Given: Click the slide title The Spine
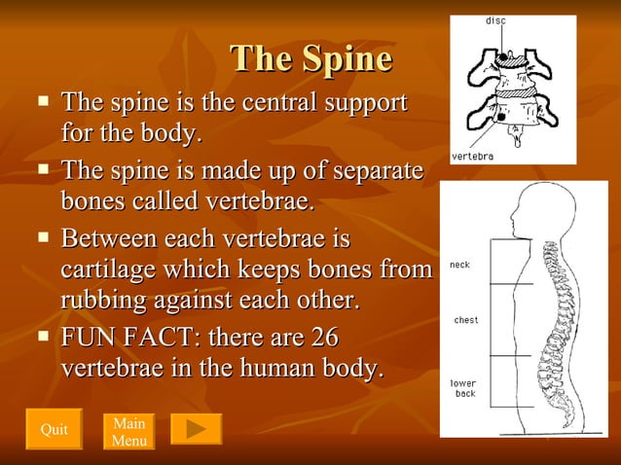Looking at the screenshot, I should coord(311,59).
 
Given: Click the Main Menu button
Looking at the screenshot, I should coord(129,432).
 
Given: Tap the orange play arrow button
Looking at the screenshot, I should coord(196,429).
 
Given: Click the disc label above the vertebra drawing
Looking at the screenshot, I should coord(495,20).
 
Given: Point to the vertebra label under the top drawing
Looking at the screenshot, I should coord(472,156).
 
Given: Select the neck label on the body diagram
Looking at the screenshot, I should coord(459,265).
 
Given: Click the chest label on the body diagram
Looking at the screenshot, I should coord(466,320).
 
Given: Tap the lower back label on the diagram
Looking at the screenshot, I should coord(464,388).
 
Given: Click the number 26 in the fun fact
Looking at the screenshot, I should coord(323,339).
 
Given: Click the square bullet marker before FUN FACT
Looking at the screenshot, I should coord(42,337).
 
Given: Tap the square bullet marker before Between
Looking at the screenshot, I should coord(42,236).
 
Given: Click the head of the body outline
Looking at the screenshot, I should coord(530,210).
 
